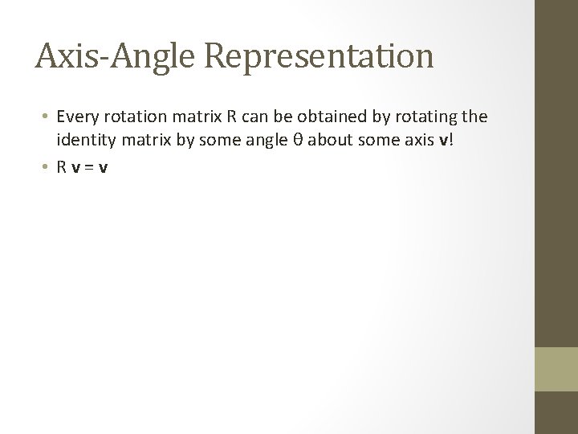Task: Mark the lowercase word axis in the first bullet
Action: tap(414, 142)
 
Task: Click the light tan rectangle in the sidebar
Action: tap(556, 370)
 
